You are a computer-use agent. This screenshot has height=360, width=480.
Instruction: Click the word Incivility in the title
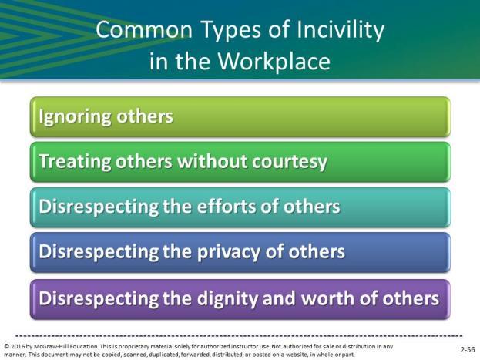(341, 30)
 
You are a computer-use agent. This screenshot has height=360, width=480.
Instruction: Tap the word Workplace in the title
(274, 61)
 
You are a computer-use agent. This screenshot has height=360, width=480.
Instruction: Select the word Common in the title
(144, 30)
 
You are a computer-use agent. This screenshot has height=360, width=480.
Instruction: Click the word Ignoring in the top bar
(76, 117)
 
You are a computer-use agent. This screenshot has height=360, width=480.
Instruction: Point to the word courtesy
(290, 163)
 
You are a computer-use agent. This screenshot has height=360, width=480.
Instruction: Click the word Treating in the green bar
(75, 162)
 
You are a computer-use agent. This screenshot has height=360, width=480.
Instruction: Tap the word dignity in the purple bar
(227, 299)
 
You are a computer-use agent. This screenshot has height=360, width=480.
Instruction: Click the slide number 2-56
(468, 349)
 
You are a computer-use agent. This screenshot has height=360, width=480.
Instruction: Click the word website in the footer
(295, 355)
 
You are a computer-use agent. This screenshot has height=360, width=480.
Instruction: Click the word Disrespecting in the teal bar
(99, 207)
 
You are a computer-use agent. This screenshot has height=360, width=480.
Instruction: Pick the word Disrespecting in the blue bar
(99, 252)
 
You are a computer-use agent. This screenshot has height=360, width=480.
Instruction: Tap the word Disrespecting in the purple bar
(99, 299)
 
